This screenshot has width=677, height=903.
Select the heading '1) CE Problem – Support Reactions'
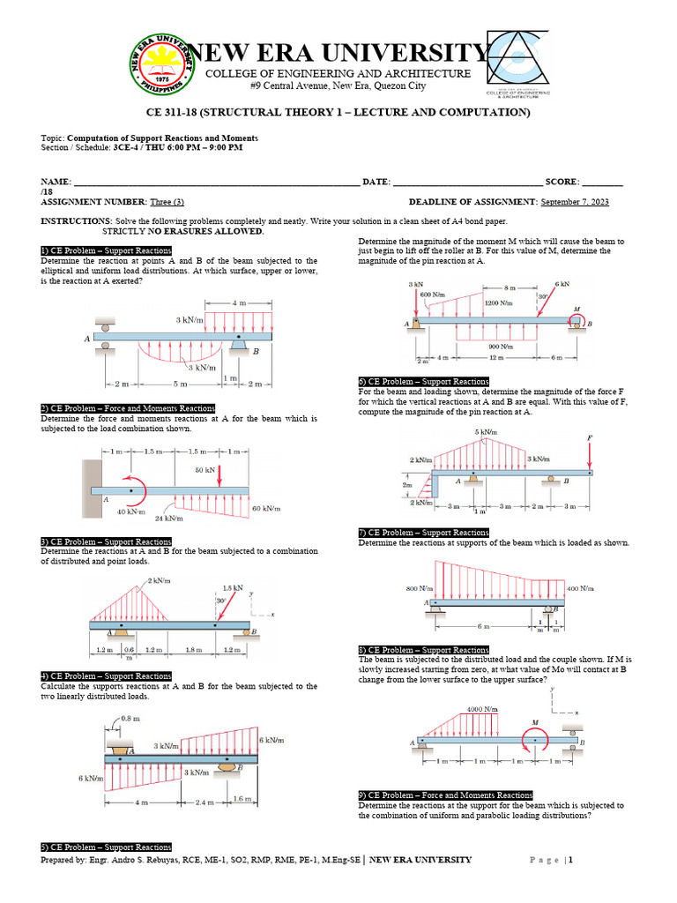coord(106,251)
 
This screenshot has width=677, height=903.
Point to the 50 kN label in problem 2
coord(205,469)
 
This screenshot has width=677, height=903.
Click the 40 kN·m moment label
coord(131,511)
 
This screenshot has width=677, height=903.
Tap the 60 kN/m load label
coord(266,509)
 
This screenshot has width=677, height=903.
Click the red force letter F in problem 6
coord(589,437)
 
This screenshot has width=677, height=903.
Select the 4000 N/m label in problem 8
coord(482,709)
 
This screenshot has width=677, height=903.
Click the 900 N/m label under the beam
coord(501,347)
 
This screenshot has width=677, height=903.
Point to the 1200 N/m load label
coord(498,302)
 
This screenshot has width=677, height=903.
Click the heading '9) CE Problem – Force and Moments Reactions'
coord(445,795)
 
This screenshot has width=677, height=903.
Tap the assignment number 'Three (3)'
coord(167,203)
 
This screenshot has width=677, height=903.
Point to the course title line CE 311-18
coord(338,114)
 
